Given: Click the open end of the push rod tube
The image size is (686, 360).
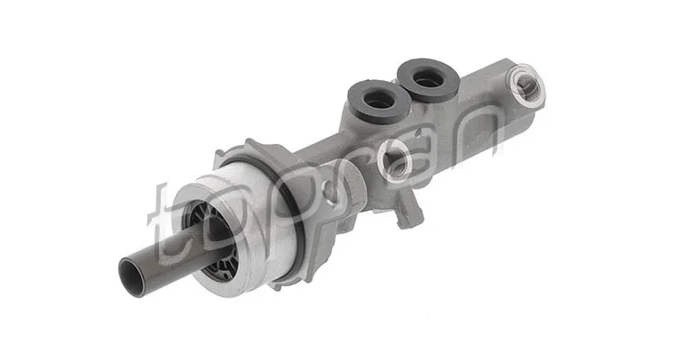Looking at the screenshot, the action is pos(131,277).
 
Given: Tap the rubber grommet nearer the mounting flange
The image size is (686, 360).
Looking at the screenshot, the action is pos(380,101).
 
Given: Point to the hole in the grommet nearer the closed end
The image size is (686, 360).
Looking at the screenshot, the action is pos(428,79).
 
